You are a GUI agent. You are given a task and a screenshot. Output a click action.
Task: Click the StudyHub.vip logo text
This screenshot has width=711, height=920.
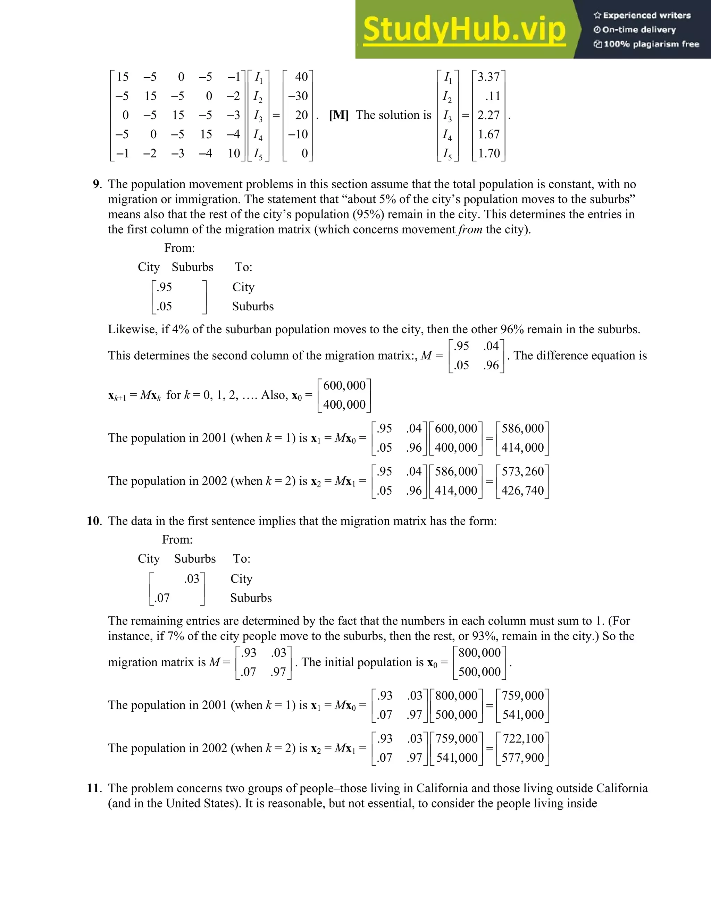[464, 30]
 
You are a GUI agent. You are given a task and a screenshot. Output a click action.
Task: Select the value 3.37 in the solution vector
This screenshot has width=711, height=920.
[488, 77]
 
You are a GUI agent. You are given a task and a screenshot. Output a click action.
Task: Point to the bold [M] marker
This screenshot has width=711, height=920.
[338, 115]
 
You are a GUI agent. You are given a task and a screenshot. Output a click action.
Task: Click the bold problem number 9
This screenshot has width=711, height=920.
[97, 184]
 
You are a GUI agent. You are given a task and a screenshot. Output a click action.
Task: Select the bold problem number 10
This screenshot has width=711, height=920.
[93, 521]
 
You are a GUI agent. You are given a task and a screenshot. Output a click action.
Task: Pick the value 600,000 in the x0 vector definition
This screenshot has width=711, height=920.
[344, 385]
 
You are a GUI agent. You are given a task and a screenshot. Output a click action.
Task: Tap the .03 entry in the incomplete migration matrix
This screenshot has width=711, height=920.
[192, 579]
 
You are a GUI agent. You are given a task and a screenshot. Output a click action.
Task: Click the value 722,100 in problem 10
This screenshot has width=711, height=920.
[523, 738]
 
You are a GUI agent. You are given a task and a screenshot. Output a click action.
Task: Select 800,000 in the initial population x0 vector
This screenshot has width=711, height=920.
[479, 653]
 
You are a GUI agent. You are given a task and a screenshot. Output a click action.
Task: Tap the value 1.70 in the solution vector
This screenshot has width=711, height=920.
[488, 153]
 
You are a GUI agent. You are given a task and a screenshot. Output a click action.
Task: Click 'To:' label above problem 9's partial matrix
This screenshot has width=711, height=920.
[243, 267]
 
